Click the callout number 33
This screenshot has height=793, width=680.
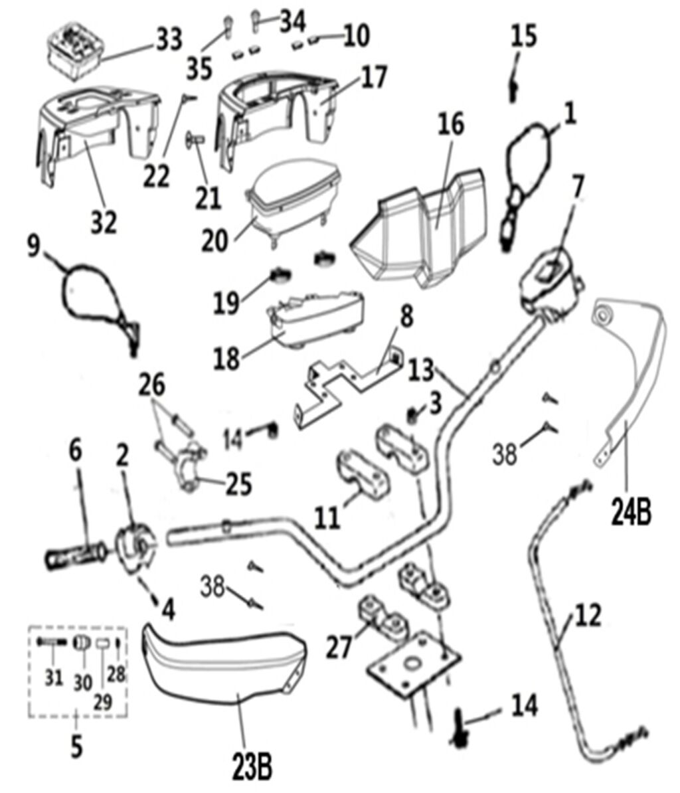169,41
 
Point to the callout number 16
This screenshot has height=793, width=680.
451,125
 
